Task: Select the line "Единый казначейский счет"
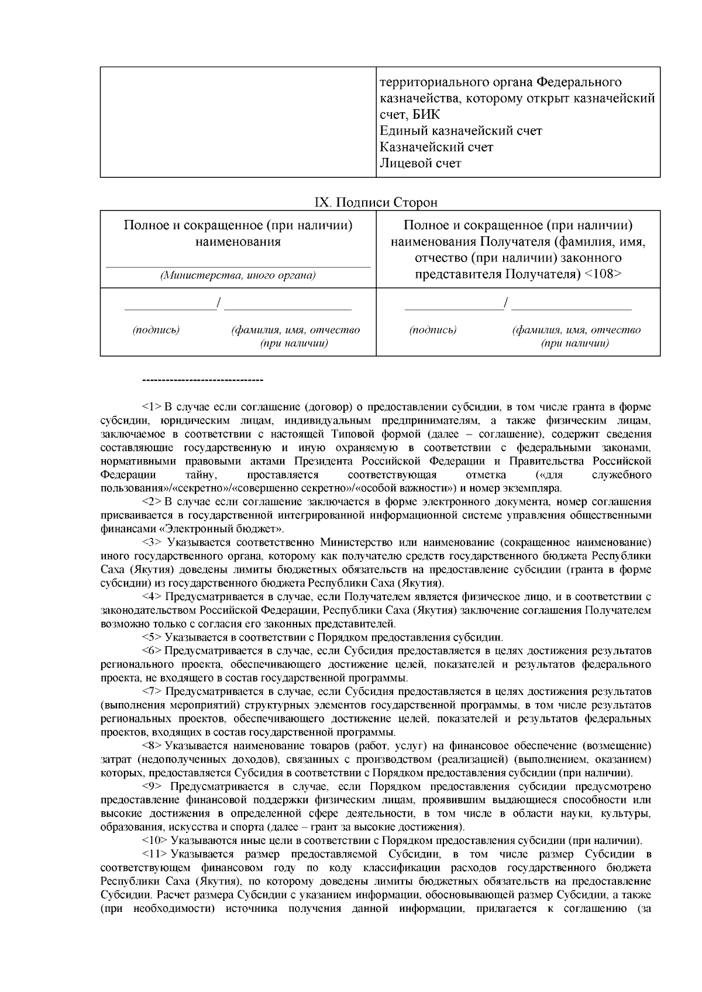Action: pyautogui.click(x=460, y=130)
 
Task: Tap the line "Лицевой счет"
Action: pyautogui.click(x=420, y=163)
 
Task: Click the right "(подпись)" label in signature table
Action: pyautogui.click(x=433, y=330)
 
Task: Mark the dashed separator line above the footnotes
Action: pyautogui.click(x=202, y=381)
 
